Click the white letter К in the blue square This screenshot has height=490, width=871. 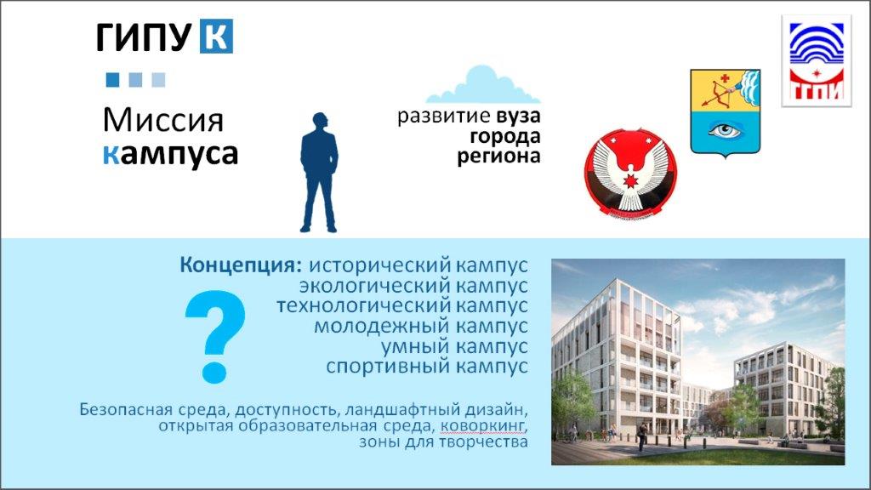[216, 37]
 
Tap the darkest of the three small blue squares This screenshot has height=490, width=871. [113, 80]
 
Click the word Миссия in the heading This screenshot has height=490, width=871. [163, 120]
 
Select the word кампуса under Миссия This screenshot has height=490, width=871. [170, 155]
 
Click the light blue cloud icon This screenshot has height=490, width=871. [483, 85]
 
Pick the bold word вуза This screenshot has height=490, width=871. [518, 116]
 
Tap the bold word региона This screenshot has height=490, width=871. [498, 157]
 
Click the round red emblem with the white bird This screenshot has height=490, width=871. [630, 173]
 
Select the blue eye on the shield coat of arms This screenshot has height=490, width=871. [726, 130]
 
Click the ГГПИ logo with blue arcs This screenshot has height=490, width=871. [817, 60]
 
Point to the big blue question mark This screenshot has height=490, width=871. [215, 337]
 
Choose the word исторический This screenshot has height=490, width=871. [379, 265]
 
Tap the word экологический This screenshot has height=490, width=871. [375, 286]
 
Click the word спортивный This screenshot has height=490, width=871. [388, 366]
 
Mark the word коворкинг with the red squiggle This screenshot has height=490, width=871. [482, 426]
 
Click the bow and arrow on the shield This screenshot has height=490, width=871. [720, 91]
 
